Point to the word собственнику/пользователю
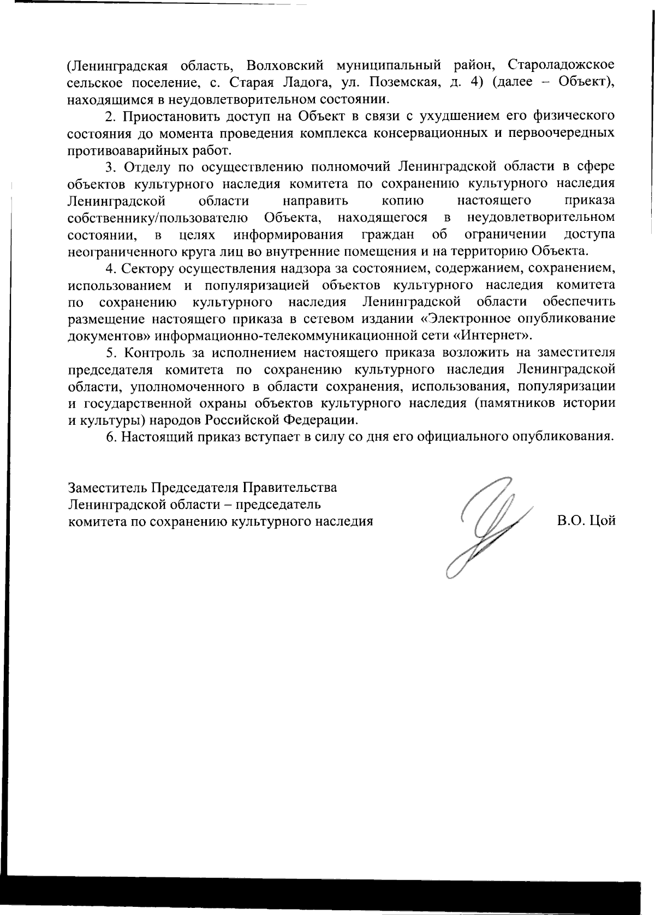tap(157, 218)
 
